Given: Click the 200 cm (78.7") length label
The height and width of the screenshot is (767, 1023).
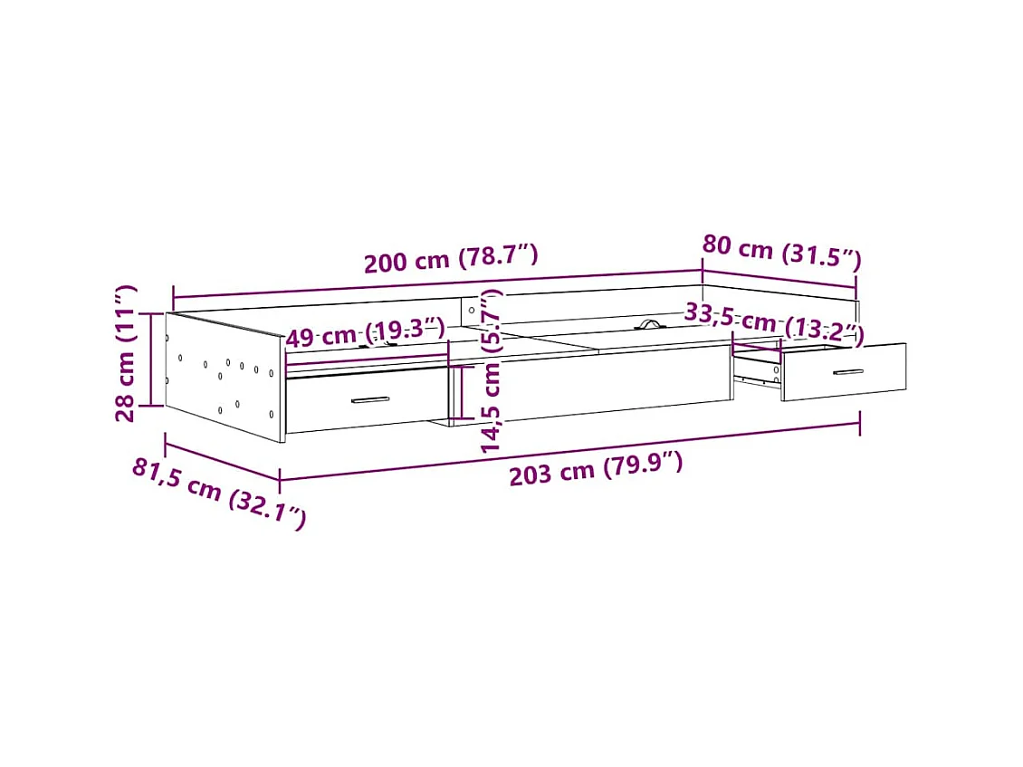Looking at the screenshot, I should [x=451, y=259].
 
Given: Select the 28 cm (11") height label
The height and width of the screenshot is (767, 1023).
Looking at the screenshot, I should [x=126, y=353].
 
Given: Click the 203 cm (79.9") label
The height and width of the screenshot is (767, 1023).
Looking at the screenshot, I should [x=596, y=469].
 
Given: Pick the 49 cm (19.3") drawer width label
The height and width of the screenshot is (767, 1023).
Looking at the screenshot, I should [x=364, y=333].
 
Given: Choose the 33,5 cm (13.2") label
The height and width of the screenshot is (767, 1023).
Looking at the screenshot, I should [x=774, y=323].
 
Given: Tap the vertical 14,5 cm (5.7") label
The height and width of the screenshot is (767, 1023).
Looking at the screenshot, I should [x=492, y=371].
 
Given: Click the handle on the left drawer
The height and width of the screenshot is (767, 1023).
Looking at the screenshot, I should [x=369, y=399].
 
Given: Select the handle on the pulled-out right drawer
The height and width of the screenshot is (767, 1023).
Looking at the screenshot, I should [x=848, y=371].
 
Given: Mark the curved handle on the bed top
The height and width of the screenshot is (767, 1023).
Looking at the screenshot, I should [x=649, y=324].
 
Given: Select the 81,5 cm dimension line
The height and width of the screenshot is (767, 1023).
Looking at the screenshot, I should [x=222, y=459].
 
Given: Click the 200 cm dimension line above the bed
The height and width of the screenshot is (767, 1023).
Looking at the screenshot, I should [x=435, y=283].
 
